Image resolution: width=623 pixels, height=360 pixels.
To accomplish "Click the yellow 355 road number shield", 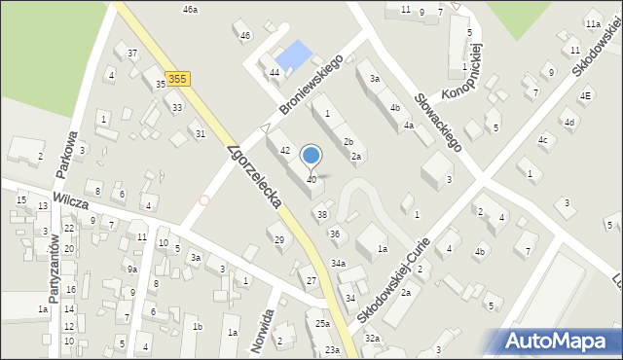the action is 176,78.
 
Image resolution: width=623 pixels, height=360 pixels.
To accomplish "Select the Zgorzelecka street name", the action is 254,177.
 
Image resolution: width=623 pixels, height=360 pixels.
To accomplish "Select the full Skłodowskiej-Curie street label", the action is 400,278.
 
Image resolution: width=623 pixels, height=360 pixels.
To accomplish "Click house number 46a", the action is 190,9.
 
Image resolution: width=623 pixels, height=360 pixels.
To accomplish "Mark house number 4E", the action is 585,95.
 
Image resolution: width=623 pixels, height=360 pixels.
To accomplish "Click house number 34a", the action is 338,264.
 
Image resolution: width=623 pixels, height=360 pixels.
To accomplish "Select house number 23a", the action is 333,349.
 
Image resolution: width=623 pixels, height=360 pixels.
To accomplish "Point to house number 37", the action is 132,52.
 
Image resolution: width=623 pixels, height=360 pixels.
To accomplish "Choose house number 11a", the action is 593,23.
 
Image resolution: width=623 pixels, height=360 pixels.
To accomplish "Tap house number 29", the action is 279,239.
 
